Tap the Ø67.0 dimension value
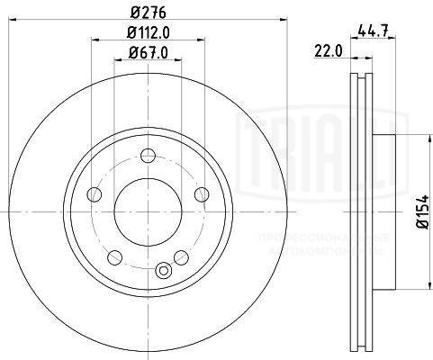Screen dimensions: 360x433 [x=147, y=55]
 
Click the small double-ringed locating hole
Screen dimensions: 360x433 [x=163, y=270]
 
